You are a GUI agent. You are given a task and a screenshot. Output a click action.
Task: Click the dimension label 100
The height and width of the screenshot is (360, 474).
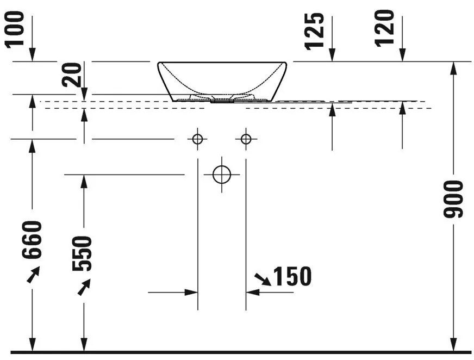(15, 29)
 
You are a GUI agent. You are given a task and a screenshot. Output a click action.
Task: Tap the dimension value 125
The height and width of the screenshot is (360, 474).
(314, 31)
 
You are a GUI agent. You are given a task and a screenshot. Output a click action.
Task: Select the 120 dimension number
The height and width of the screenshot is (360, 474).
(384, 29)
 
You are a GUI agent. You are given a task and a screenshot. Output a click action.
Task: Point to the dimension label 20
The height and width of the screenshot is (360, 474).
(72, 75)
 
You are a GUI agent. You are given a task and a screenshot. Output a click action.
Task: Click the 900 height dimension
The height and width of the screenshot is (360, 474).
(453, 199)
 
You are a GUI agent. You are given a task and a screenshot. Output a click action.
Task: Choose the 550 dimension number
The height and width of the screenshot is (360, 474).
(82, 253)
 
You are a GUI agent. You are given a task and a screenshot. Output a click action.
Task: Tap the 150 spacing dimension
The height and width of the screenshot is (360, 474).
(292, 276)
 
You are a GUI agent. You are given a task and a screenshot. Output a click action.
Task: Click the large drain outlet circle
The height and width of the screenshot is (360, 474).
(222, 175)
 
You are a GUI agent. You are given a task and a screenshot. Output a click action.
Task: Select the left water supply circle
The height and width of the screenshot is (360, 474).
(197, 139)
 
